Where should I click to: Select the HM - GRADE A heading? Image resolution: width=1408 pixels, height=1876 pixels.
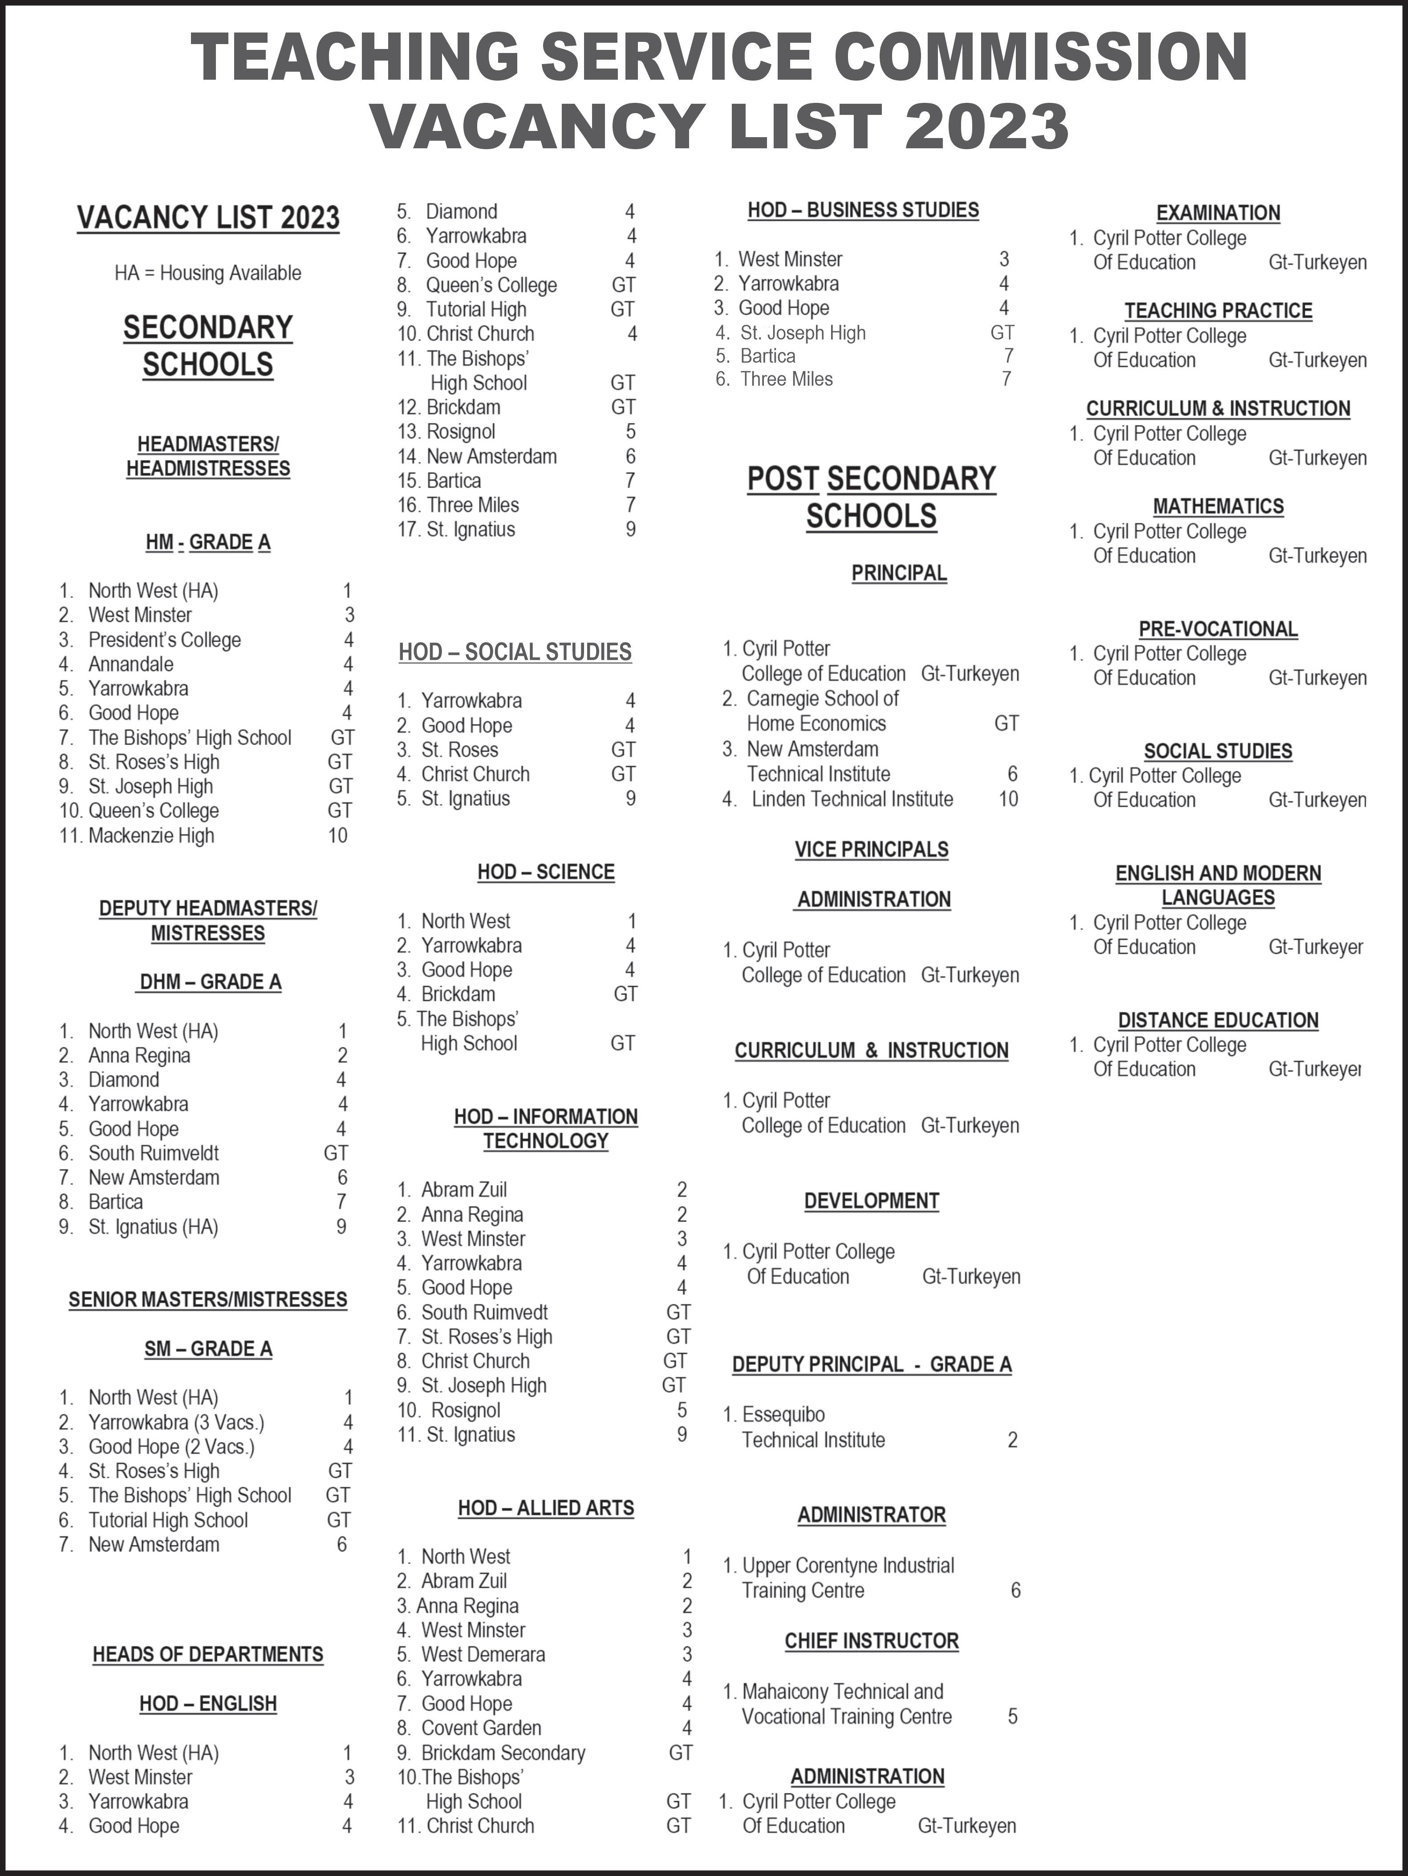click(208, 542)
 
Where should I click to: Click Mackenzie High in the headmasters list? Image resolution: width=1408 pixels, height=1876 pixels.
click(151, 835)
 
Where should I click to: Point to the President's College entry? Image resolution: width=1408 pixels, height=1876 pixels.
click(164, 639)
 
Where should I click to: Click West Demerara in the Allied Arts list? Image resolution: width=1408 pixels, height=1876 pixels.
click(483, 1654)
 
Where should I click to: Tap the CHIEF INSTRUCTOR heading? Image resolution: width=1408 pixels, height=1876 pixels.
click(872, 1641)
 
